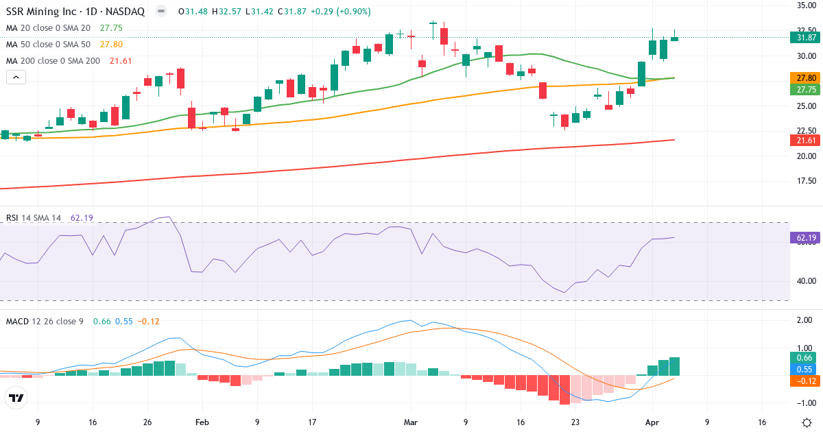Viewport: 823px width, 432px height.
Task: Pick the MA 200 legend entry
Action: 53,61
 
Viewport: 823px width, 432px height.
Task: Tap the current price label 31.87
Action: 803,38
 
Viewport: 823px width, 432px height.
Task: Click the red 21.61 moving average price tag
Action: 803,140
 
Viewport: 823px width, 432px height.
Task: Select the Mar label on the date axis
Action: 410,422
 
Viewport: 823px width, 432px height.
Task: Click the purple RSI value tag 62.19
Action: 803,238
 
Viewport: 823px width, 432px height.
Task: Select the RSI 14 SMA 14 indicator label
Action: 34,218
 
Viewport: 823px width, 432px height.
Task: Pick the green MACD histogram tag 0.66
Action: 803,357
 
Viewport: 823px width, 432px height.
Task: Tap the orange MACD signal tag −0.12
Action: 803,381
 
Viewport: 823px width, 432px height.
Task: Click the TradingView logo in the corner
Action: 16,398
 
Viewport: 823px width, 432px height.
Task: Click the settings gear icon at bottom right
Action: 807,422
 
